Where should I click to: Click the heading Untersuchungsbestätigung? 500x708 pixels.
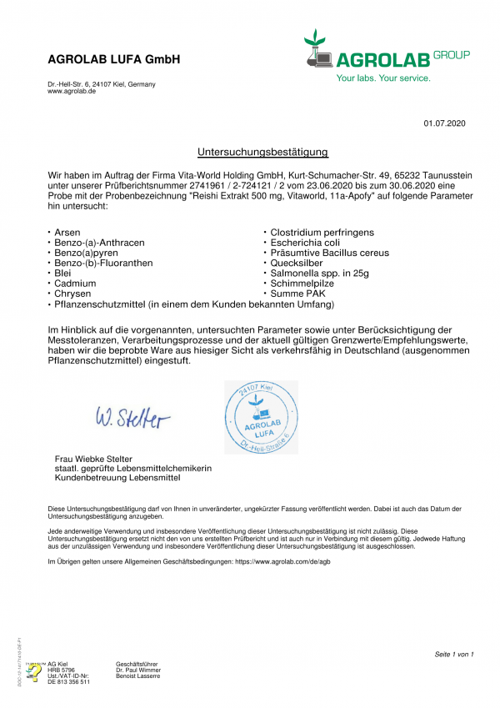pos(262,152)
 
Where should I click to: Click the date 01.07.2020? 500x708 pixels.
pos(444,123)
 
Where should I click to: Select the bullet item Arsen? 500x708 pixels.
pos(67,232)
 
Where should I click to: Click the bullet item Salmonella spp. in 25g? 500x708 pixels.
pos(319,274)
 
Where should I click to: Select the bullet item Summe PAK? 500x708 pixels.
pos(295,294)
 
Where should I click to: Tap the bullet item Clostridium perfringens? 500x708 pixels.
pos(322,232)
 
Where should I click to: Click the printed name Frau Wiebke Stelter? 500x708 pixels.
pos(92,459)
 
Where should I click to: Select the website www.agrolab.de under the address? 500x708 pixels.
pos(72,91)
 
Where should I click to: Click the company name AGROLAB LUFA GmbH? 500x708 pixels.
pos(114,60)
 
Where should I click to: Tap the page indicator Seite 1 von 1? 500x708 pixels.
pos(453,654)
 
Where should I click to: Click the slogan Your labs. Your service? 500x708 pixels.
pos(383,78)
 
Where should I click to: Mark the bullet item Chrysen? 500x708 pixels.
pos(72,294)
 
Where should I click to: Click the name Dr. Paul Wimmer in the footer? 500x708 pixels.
pos(138,670)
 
